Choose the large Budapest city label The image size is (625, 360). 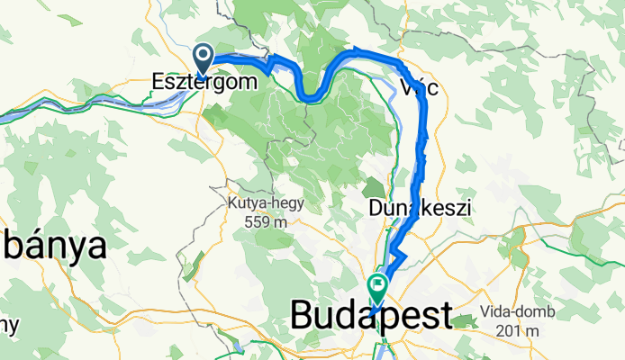coord(371,317)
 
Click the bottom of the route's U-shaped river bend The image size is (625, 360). coord(312,96)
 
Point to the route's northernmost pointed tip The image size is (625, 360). coord(358,50)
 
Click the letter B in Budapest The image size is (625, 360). coord(303,317)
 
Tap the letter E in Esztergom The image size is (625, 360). coord(159,81)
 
